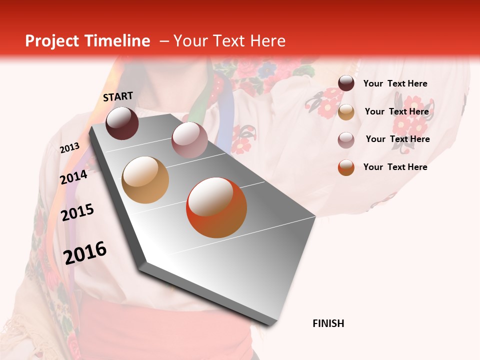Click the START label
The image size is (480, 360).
tap(118, 96)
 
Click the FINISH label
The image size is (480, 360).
tap(328, 323)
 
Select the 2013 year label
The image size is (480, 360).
tap(69, 148)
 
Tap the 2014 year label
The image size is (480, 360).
tap(73, 177)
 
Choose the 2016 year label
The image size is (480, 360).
tap(85, 252)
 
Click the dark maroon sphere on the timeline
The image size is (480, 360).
tap(122, 123)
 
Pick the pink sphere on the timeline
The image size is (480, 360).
tap(189, 139)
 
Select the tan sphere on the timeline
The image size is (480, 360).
tap(145, 180)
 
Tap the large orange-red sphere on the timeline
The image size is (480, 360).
tap(216, 207)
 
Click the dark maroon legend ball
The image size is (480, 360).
tap(346, 83)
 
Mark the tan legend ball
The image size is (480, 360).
tap(346, 112)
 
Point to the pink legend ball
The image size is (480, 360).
tap(346, 140)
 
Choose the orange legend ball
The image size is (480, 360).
tap(346, 167)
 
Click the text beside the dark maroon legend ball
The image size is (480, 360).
tap(395, 83)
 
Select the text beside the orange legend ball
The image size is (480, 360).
tap(395, 167)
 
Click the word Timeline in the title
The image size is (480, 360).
tap(117, 41)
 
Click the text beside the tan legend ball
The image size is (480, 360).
tap(396, 111)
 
